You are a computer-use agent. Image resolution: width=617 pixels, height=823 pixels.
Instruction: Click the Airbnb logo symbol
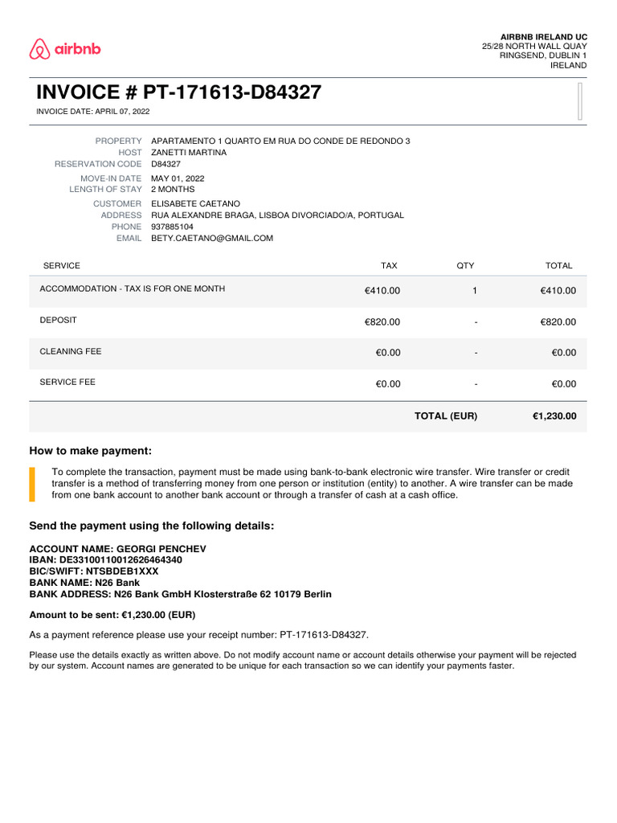[x=39, y=50]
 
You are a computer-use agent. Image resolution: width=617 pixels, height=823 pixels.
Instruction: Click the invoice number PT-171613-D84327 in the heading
[x=232, y=92]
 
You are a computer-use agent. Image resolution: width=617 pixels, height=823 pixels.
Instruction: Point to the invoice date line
[x=93, y=112]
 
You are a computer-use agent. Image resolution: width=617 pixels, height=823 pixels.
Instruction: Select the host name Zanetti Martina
[x=189, y=152]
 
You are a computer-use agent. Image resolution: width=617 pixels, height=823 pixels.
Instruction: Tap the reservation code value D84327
[x=166, y=164]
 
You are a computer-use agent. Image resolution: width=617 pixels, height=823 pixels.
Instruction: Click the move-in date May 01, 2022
[x=178, y=178]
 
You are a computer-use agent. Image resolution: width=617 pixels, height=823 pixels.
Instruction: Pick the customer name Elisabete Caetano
[x=195, y=204]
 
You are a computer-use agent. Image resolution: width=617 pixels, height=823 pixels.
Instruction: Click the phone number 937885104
[x=172, y=227]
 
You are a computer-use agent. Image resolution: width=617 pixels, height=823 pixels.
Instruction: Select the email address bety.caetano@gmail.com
[x=212, y=239]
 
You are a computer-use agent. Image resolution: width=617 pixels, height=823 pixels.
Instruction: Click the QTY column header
[x=465, y=265]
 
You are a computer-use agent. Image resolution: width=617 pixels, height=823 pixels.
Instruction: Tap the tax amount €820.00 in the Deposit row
[x=382, y=322]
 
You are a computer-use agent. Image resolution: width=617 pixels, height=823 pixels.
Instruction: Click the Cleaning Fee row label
[x=71, y=351]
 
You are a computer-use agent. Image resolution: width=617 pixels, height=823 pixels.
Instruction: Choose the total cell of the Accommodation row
[x=558, y=291]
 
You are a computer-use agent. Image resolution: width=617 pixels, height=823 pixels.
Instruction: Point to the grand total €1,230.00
[x=554, y=416]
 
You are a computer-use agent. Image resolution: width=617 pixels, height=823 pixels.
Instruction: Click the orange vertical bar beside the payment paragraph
[x=32, y=483]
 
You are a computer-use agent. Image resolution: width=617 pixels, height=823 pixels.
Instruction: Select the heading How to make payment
[x=90, y=451]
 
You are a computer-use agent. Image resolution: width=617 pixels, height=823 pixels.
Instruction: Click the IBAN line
[x=105, y=559]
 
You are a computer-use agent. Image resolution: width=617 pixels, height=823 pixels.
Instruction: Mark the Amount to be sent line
[x=112, y=615]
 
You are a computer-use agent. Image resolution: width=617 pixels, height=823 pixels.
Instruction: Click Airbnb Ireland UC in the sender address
[x=543, y=37]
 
